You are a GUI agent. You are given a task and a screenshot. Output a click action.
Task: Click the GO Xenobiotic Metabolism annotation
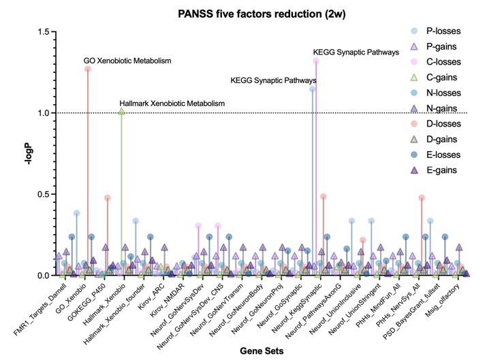point(127,61)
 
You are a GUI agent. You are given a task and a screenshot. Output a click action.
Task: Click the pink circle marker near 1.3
point(316,61)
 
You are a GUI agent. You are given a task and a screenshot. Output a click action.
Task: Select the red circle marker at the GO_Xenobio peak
point(88,69)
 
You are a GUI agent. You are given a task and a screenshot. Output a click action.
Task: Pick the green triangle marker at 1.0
point(121,111)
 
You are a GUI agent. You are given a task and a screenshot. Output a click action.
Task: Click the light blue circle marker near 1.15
point(312,89)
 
